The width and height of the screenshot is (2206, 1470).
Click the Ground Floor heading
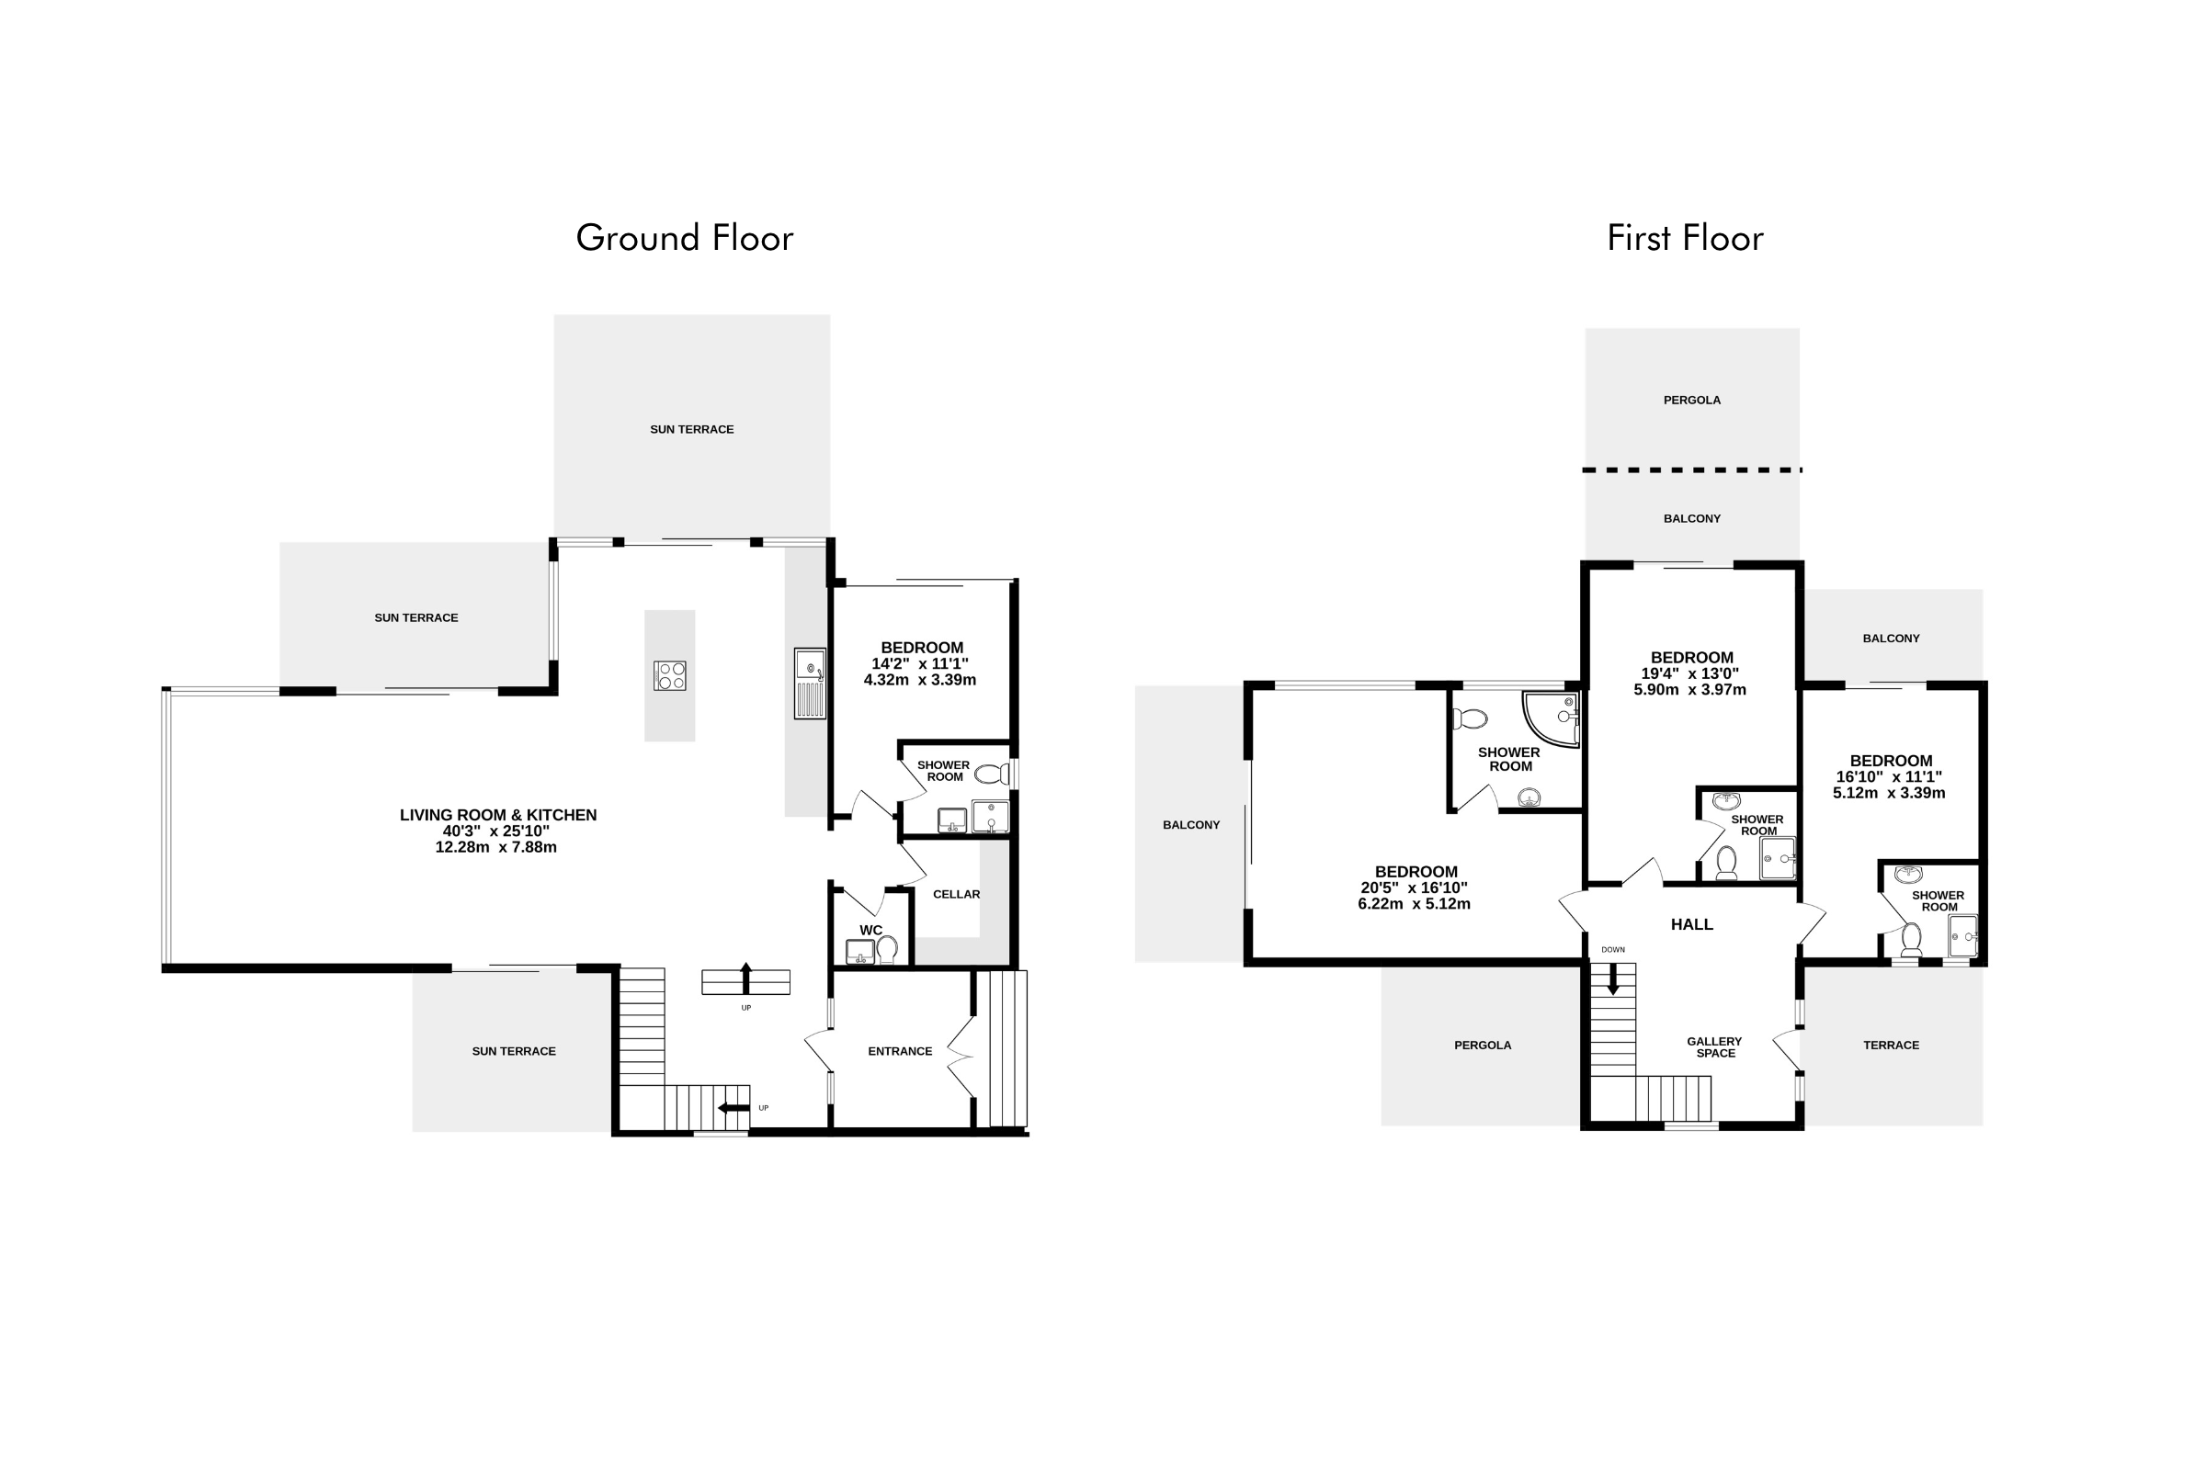click(x=685, y=238)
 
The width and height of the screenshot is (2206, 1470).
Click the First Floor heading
click(x=1685, y=238)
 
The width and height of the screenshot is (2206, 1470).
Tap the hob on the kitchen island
click(x=671, y=675)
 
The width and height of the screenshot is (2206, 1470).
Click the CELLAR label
click(x=957, y=894)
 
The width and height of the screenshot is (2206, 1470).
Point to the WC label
click(x=870, y=930)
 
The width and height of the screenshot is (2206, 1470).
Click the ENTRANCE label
click(x=901, y=1051)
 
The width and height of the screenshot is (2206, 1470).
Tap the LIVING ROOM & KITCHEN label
click(x=498, y=815)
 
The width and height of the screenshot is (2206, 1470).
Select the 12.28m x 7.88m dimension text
click(x=496, y=846)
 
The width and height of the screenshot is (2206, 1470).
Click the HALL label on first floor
click(x=1692, y=924)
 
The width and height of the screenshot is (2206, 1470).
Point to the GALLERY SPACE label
click(x=1715, y=1047)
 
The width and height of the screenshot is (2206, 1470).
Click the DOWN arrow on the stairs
click(x=1613, y=978)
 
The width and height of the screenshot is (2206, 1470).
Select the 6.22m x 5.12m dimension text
click(x=1415, y=904)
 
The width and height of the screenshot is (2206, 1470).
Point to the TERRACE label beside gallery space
click(x=1891, y=1045)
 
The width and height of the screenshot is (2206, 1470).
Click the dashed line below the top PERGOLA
click(x=1692, y=469)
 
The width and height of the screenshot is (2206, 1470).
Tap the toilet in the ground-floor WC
click(x=887, y=949)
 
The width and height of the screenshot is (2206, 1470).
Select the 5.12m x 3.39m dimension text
click(x=1889, y=792)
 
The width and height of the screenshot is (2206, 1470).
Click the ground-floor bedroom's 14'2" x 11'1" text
click(x=920, y=662)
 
